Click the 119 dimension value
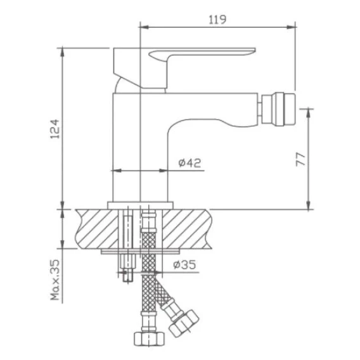[217, 20]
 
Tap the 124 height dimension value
[55, 129]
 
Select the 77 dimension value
[300, 159]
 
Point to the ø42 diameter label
[190, 163]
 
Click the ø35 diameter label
[184, 264]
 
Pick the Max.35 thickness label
[55, 280]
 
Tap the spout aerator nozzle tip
[278, 109]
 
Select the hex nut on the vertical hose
[149, 338]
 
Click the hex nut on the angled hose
[183, 323]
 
